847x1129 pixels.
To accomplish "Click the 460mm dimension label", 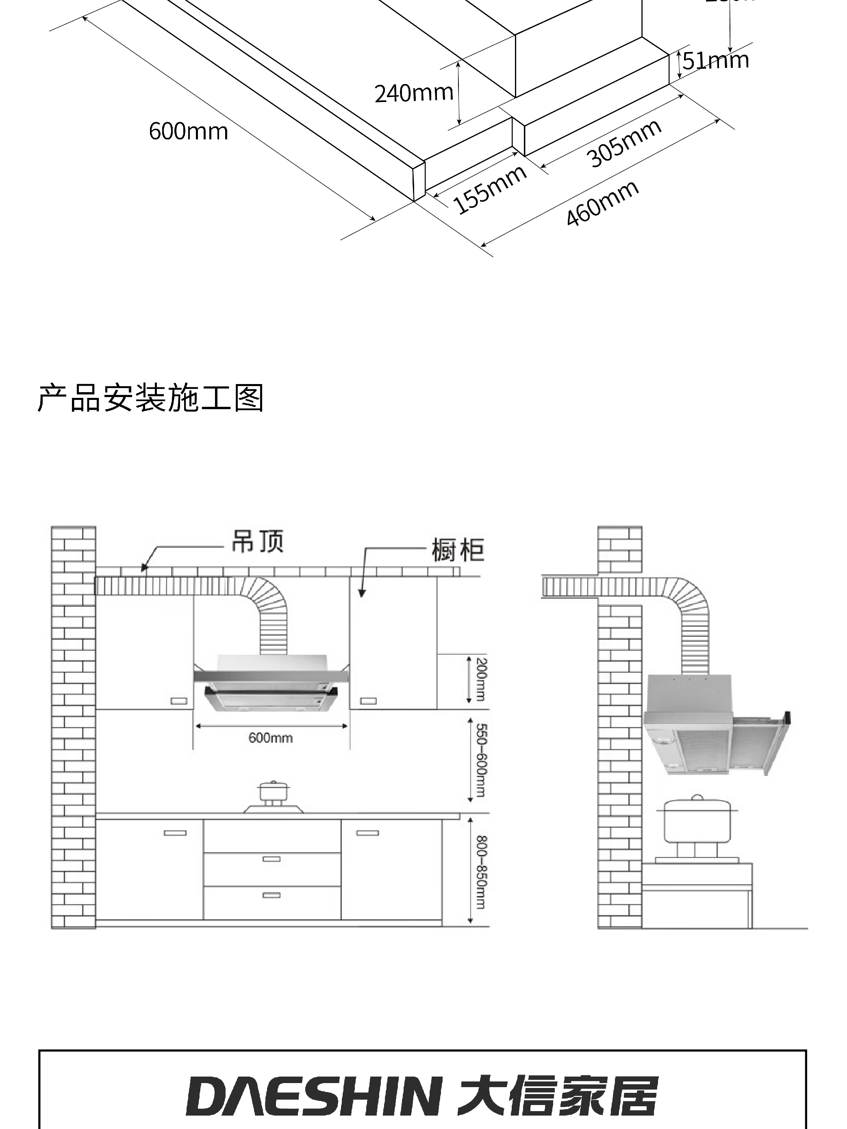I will tap(602, 203).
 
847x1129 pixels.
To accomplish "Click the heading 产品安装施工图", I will tap(151, 398).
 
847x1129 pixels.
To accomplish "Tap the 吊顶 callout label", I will tap(257, 541).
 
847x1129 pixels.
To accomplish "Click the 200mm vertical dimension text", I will tap(481, 680).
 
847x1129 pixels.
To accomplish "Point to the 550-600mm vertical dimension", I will tap(481, 760).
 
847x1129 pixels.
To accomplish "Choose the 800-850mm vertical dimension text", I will tap(481, 872).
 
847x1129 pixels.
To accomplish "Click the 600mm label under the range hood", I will tap(271, 738).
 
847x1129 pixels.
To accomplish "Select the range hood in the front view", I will tap(271, 684).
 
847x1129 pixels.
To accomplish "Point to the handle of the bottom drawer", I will tap(271, 895).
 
